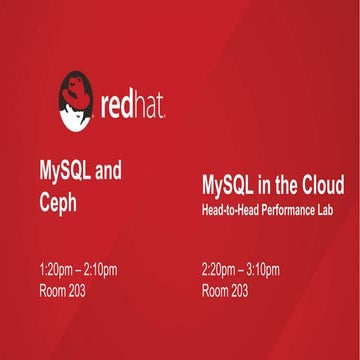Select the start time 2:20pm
(x=219, y=270)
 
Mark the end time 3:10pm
(x=263, y=270)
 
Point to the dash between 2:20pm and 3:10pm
(x=241, y=270)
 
